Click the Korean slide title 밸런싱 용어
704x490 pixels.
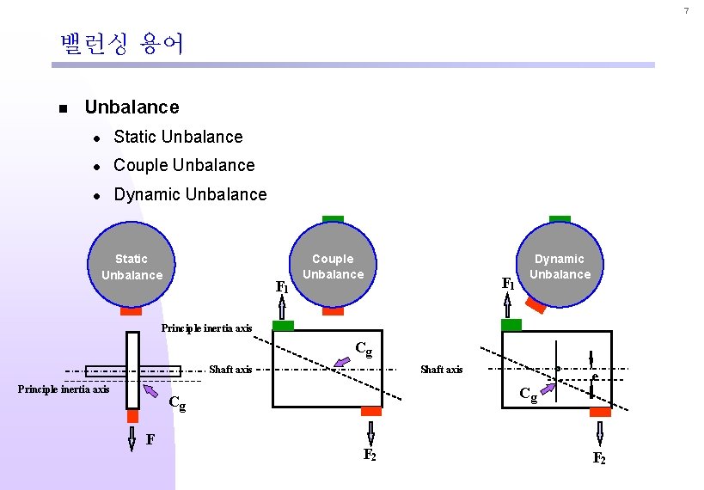coord(121,44)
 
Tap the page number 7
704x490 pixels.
coord(686,11)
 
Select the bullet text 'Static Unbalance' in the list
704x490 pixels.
coord(178,137)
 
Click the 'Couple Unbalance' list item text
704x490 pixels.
coord(184,165)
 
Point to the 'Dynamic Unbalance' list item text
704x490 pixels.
coord(190,194)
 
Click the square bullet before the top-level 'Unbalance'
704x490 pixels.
coord(64,108)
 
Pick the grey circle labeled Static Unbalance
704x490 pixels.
coord(132,266)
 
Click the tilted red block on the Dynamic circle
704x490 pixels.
coord(536,305)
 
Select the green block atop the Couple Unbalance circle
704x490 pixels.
coord(333,219)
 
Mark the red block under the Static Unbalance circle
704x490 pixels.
coord(132,311)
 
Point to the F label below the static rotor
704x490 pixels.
coord(150,440)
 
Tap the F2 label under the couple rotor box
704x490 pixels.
coord(370,455)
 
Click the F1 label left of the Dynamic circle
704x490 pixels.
coord(508,282)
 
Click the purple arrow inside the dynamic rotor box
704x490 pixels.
coord(548,393)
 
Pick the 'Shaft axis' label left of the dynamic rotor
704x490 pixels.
coord(441,370)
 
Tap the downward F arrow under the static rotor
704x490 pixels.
coord(132,439)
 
